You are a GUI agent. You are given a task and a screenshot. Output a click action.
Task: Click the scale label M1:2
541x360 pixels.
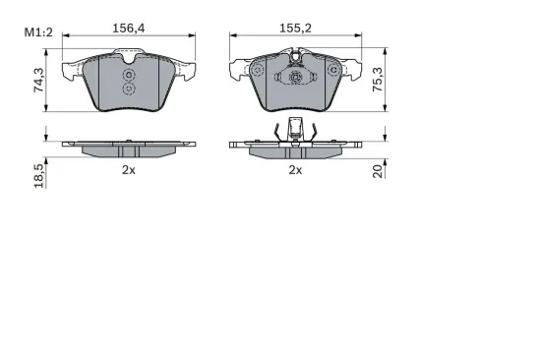tap(38, 32)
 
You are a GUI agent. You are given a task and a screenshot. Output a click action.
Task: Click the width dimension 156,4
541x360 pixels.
tap(129, 29)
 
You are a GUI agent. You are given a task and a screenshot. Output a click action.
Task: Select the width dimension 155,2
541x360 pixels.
tap(295, 29)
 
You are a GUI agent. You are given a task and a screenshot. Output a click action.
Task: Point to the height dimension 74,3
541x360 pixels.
tap(38, 80)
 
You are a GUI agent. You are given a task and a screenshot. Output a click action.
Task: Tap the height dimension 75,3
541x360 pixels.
tap(378, 79)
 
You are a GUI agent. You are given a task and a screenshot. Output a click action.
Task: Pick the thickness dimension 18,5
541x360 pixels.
tap(39, 176)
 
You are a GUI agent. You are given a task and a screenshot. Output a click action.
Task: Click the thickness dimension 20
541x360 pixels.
tap(378, 171)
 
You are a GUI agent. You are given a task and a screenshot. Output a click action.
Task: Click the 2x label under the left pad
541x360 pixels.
tap(129, 170)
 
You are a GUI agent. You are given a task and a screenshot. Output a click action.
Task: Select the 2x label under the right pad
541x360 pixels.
tap(295, 170)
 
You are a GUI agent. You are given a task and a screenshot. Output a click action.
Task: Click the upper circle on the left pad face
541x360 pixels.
tap(129, 75)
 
